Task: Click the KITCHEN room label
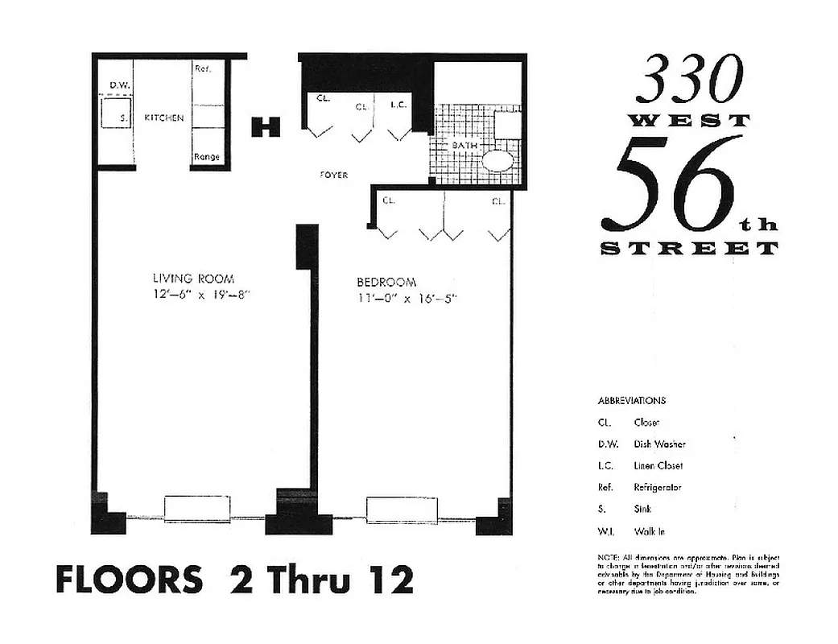point(163,118)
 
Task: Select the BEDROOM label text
point(386,283)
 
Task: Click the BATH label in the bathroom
point(464,146)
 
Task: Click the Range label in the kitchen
point(207,157)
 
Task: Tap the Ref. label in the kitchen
point(203,69)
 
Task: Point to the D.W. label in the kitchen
point(120,85)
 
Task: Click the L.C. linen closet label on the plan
point(398,105)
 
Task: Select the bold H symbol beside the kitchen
point(266,126)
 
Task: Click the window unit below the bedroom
point(402,510)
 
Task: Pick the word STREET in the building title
point(689,249)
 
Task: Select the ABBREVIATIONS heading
point(631,401)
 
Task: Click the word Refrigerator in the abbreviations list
point(657,488)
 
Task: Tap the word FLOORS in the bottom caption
point(129,580)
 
